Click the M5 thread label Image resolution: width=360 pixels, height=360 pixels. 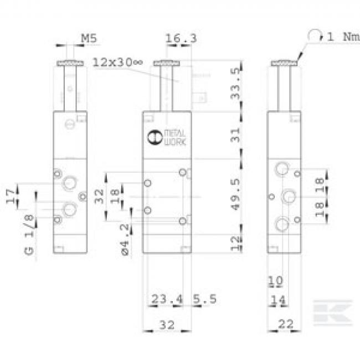89,38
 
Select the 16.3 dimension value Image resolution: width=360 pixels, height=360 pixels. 181,38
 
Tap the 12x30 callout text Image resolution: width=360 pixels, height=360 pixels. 117,62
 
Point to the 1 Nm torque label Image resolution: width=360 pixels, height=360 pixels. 343,37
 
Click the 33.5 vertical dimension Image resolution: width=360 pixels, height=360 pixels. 235,84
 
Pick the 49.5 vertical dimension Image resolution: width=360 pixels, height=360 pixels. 235,194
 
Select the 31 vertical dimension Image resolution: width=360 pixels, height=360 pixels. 235,136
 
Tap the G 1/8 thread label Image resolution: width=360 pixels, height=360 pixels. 29,235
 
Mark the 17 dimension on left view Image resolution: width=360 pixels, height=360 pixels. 11,196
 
